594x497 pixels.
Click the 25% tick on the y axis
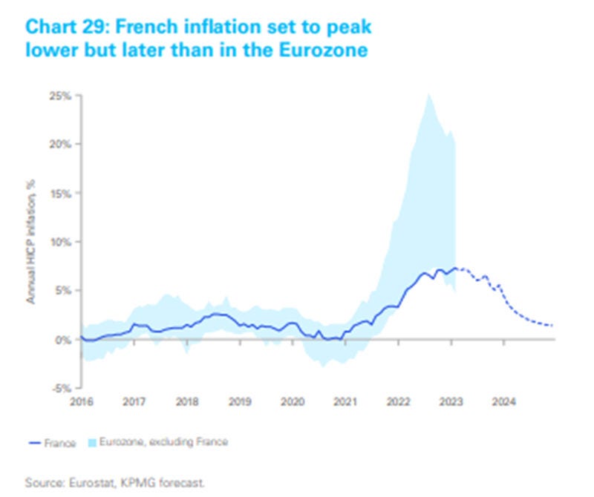[60, 95]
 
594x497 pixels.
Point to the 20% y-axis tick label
[60, 143]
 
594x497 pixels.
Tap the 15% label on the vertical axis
[60, 192]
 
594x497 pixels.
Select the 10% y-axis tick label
[60, 241]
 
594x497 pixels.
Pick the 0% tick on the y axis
[62, 339]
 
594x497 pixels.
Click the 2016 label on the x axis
[81, 401]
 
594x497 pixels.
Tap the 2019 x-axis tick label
[239, 401]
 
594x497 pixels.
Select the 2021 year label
[345, 401]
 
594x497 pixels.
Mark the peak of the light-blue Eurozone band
[428, 95]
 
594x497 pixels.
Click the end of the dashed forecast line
[552, 326]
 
